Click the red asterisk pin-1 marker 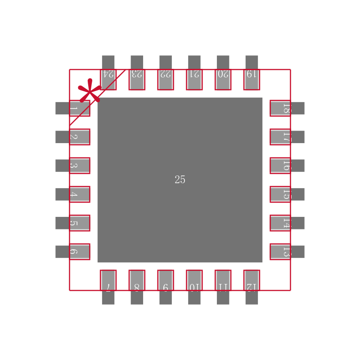click(90, 91)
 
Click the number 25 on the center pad click(180, 180)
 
